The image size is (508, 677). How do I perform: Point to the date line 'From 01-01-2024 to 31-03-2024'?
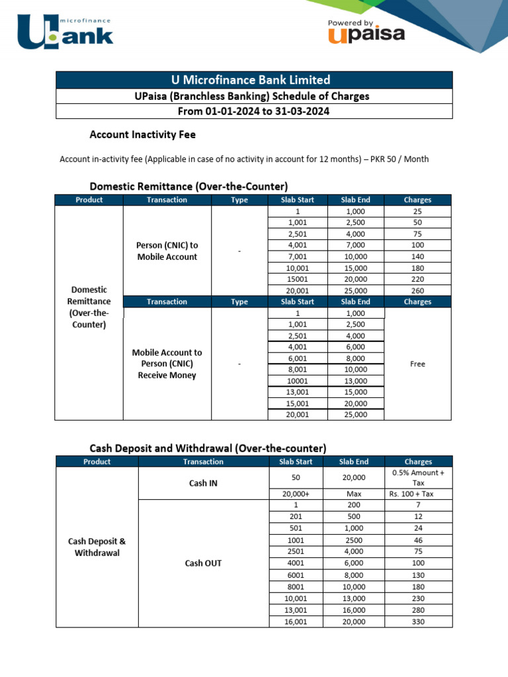tap(253, 111)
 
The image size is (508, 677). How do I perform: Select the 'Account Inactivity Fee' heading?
tap(142, 134)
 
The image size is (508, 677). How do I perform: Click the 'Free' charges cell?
tap(417, 364)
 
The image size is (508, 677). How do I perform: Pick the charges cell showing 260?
tap(417, 290)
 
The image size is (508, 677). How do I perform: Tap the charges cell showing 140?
tap(417, 257)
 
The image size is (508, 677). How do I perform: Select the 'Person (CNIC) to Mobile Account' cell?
tap(167, 251)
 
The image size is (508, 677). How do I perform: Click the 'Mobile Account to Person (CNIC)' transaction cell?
tap(167, 364)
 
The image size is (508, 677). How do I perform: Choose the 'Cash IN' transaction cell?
tap(203, 483)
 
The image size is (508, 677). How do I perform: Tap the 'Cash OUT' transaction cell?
tap(203, 563)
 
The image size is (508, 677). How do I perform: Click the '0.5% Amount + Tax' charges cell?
tap(418, 478)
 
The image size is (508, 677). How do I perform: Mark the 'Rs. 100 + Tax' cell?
tap(418, 494)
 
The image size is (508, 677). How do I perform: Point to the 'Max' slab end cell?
tap(354, 494)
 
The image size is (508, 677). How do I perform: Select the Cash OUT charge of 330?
tap(418, 621)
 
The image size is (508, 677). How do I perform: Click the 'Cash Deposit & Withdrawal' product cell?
tap(97, 547)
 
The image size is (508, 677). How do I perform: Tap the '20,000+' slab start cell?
tap(296, 494)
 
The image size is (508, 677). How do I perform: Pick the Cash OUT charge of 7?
tap(418, 505)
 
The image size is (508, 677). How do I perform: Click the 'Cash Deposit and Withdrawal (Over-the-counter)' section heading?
tap(208, 448)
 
